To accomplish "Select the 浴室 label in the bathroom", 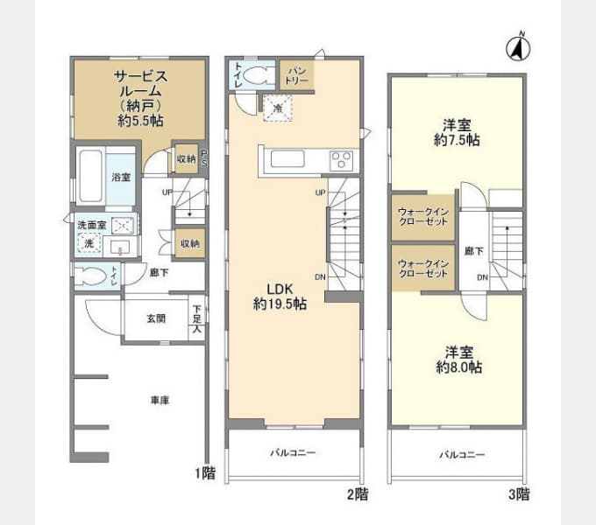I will (x=121, y=178).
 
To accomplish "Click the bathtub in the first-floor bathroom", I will (x=91, y=177).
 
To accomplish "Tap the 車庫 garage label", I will (x=159, y=400).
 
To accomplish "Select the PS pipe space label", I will (x=204, y=157).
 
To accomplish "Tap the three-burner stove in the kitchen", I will (x=340, y=159).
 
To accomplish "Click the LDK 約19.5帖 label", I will (x=280, y=297).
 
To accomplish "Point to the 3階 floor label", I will (x=519, y=494).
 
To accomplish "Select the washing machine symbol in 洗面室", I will (x=89, y=244).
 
